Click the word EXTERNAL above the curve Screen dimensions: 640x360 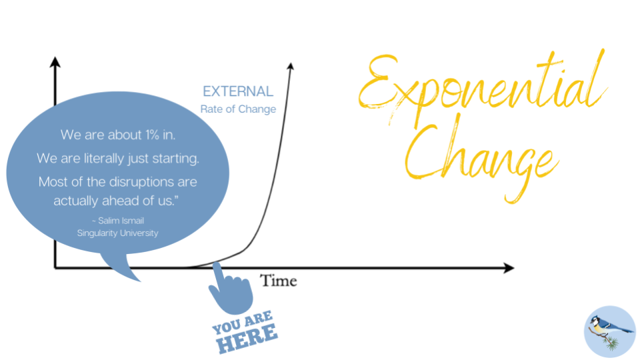pyautogui.click(x=238, y=91)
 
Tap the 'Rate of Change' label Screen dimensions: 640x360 pyautogui.click(x=238, y=109)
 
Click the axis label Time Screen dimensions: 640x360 pyautogui.click(x=279, y=281)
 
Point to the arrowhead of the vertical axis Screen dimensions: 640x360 pyautogui.click(x=55, y=62)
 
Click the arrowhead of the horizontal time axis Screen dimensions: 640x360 pyautogui.click(x=509, y=268)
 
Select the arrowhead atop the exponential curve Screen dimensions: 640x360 pyautogui.click(x=291, y=66)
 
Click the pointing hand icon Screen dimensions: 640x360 pyautogui.click(x=231, y=289)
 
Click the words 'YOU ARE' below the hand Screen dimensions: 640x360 pyautogui.click(x=243, y=322)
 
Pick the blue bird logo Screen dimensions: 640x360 pyautogui.click(x=610, y=332)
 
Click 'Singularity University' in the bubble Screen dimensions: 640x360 pyautogui.click(x=117, y=233)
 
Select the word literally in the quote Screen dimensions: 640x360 pyautogui.click(x=104, y=159)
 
